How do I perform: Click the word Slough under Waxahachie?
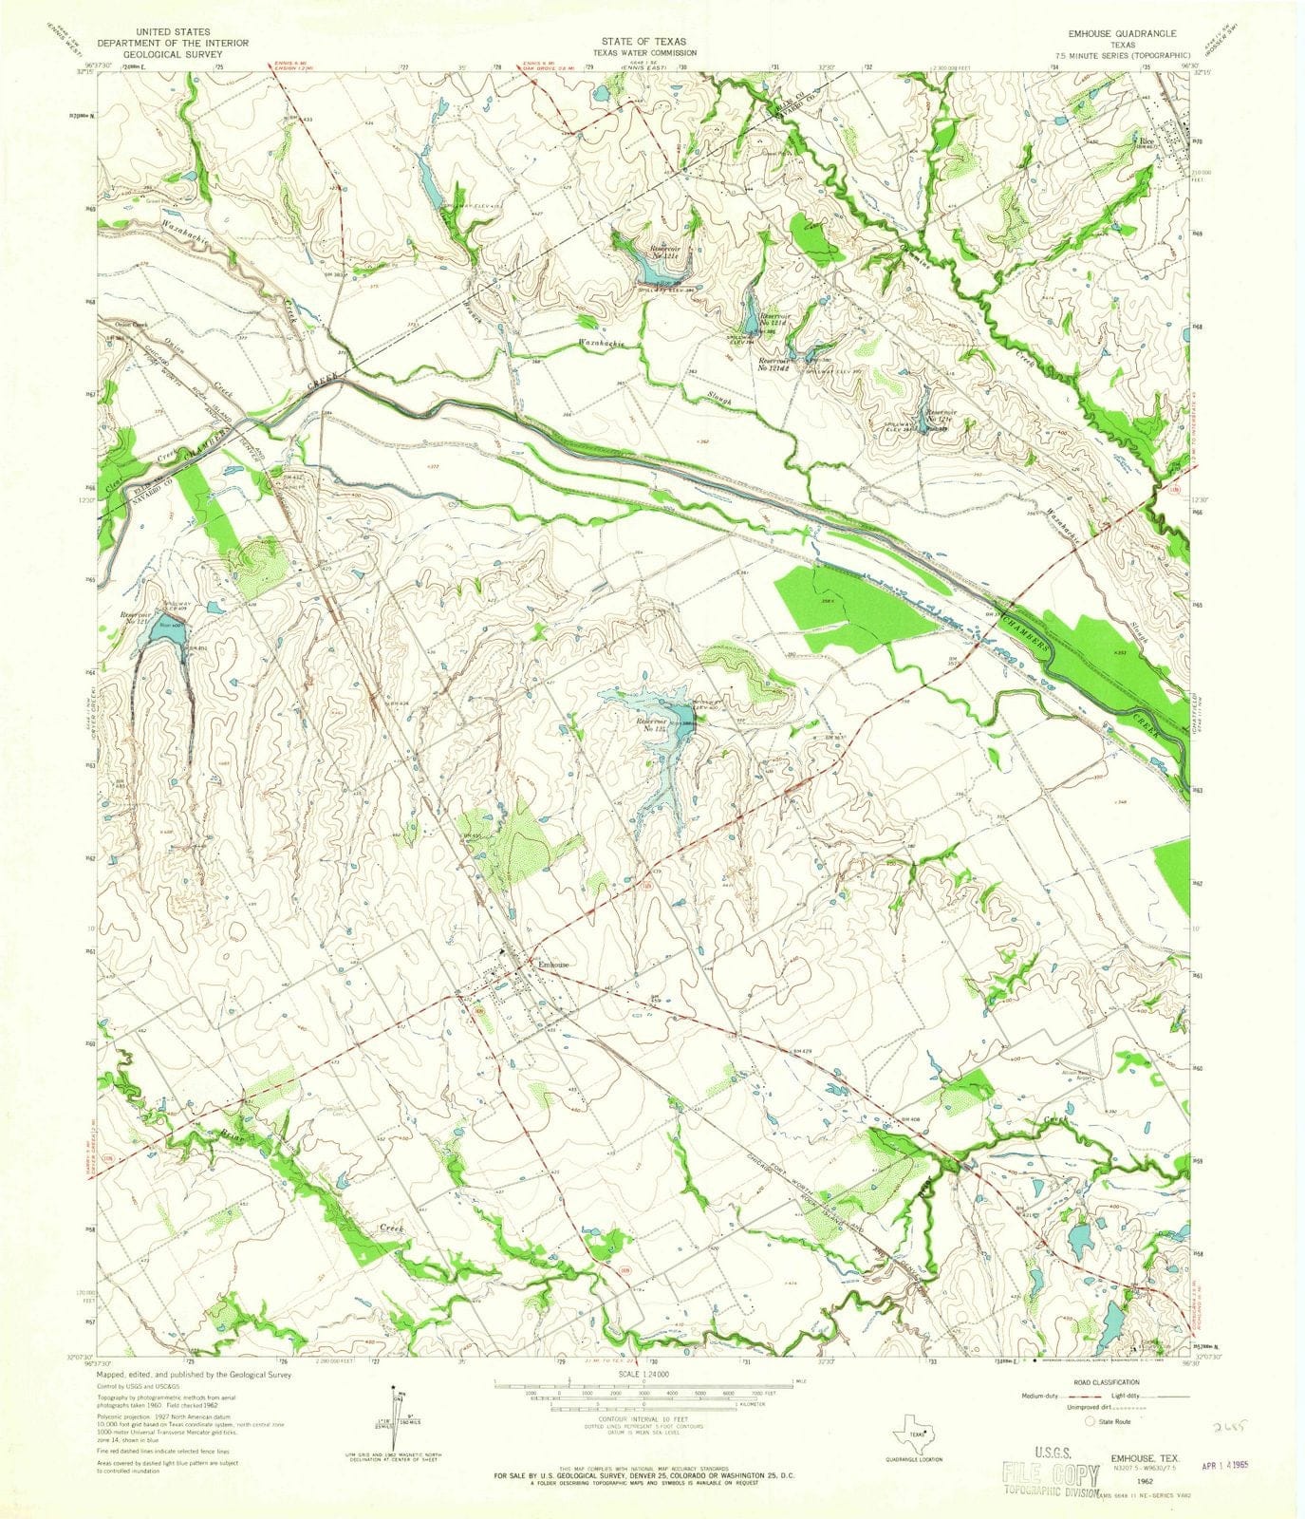[718, 400]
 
